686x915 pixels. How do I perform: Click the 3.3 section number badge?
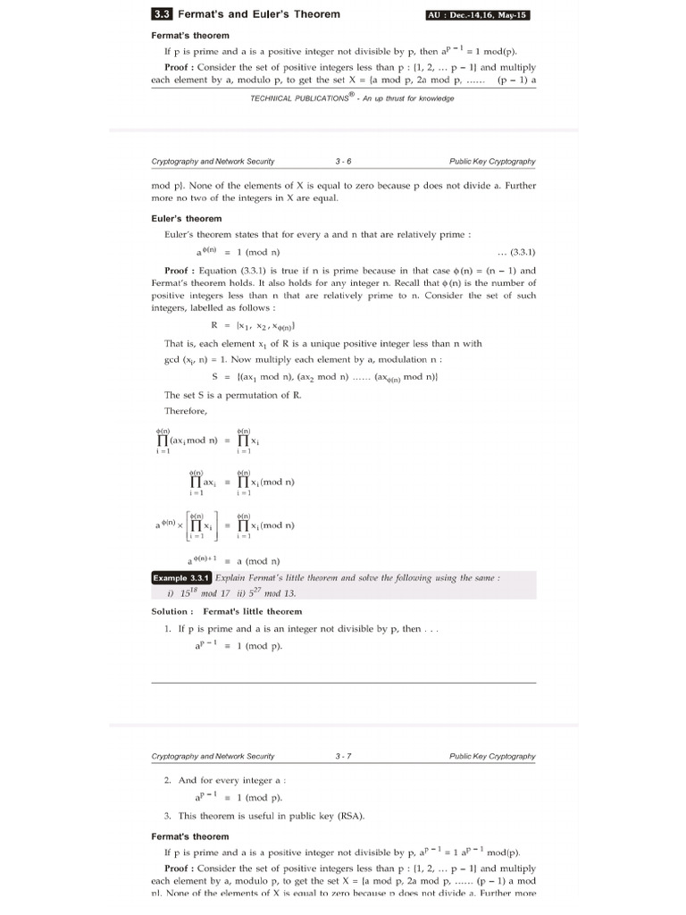tap(162, 14)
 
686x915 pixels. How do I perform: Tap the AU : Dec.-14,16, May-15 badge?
tap(483, 15)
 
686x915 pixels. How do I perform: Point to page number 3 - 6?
tap(343, 162)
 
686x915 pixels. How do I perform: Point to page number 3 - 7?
tap(343, 756)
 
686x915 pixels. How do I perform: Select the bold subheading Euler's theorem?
tap(187, 218)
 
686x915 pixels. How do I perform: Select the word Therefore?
tap(185, 411)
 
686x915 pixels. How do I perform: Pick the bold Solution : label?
tap(171, 611)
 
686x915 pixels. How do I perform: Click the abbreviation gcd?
tap(175, 359)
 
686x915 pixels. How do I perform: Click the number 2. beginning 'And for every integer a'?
tap(168, 780)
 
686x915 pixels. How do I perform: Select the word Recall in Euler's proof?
tap(381, 283)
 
